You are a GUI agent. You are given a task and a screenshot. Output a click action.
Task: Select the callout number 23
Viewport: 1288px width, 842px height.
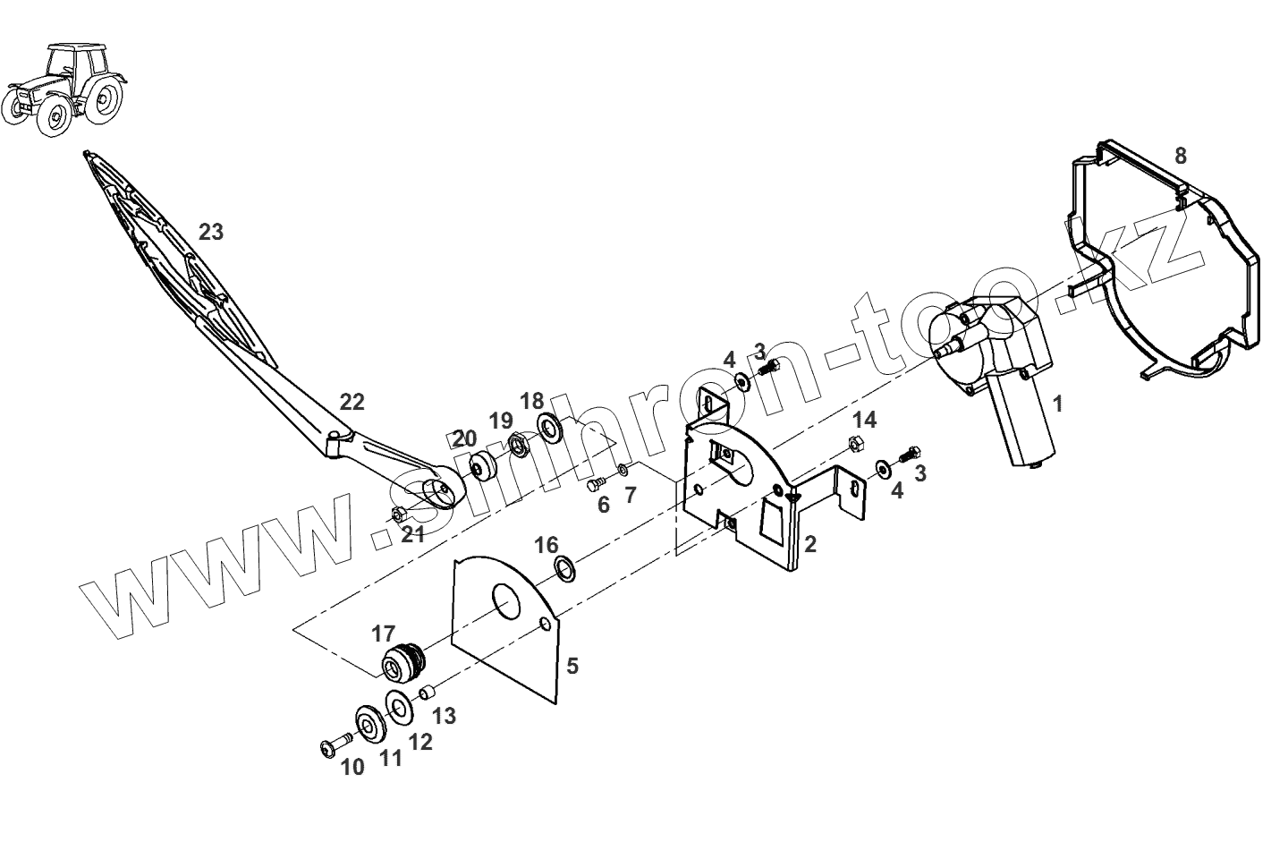coord(210,233)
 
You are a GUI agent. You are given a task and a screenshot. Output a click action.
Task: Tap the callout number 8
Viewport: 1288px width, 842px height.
coord(1180,156)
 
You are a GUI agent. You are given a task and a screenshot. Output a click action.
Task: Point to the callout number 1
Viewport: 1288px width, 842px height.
coord(1057,404)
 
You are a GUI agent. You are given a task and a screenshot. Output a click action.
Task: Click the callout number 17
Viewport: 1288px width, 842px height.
coord(383,634)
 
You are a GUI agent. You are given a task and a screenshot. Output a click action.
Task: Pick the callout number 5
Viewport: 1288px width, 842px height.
coord(572,666)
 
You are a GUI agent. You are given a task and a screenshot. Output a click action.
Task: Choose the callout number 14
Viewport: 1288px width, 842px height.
coord(863,420)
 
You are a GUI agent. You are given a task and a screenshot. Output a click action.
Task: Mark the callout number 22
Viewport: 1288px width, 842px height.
coord(352,401)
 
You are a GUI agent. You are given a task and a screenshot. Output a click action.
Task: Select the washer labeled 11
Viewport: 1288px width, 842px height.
coord(370,723)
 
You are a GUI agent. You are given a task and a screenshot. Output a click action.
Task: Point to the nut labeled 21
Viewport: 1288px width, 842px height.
coord(400,514)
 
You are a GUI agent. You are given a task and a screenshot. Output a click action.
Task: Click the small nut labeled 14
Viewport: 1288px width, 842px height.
coord(854,443)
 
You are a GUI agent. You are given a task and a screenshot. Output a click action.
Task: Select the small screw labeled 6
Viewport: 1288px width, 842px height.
coord(596,485)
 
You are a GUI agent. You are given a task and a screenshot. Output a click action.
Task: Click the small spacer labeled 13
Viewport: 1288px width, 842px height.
coord(427,693)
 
